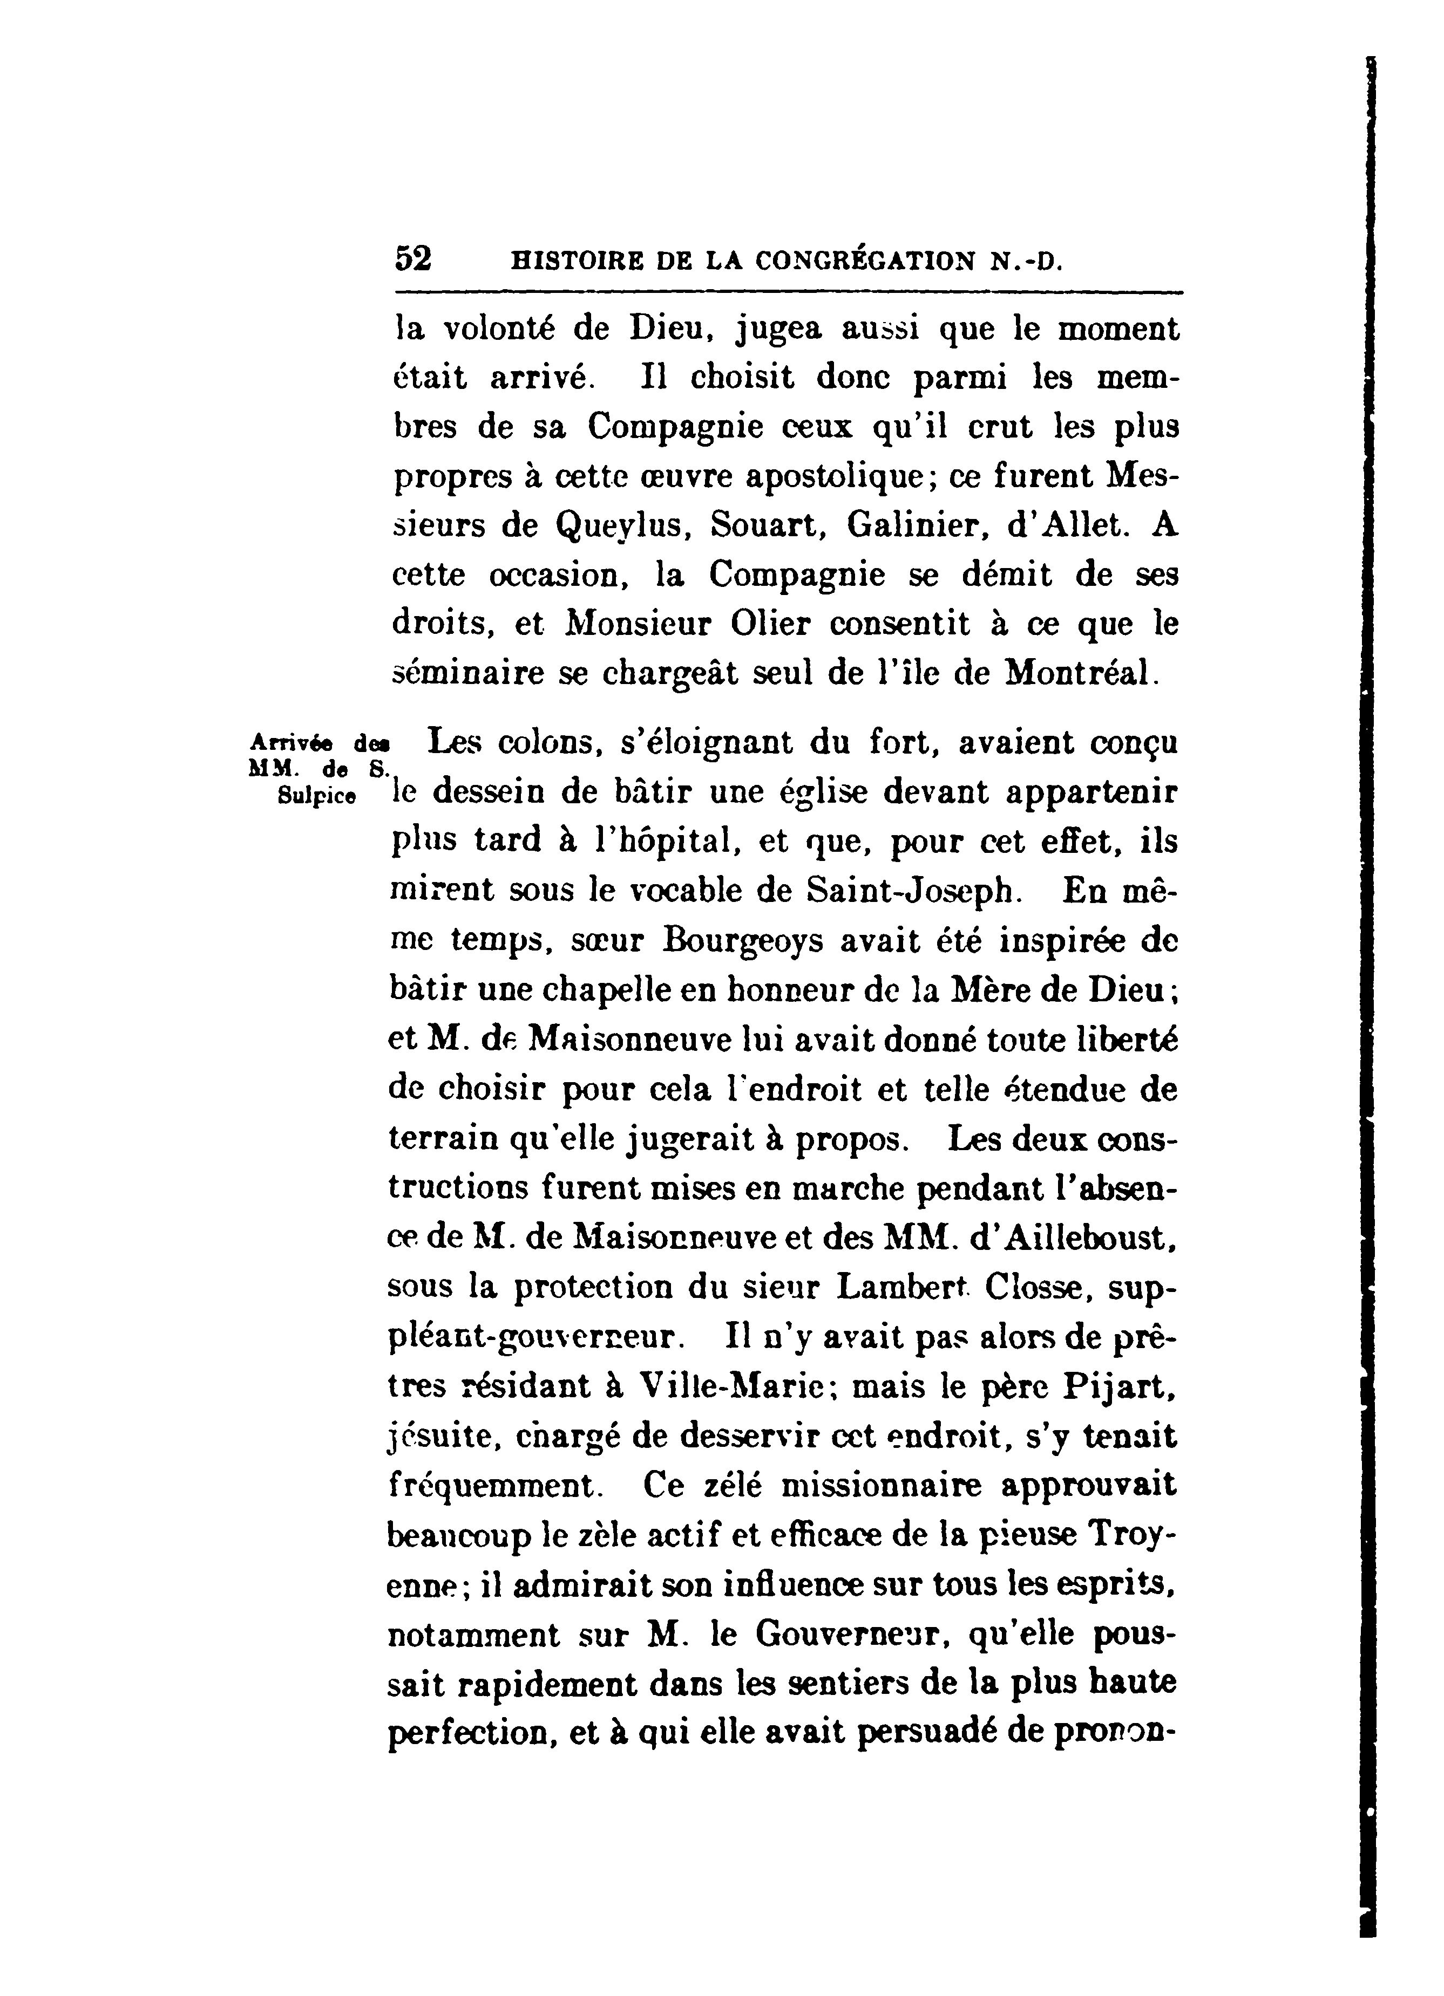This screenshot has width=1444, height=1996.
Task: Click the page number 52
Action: click(413, 259)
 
